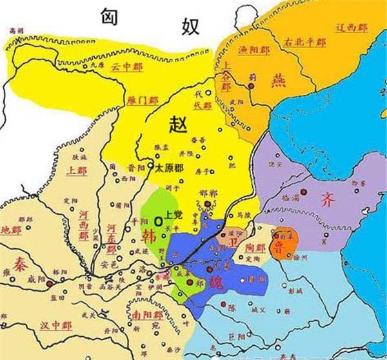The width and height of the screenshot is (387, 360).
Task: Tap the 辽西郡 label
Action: (x=353, y=28)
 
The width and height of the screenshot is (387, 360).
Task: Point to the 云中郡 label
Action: (x=124, y=66)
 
